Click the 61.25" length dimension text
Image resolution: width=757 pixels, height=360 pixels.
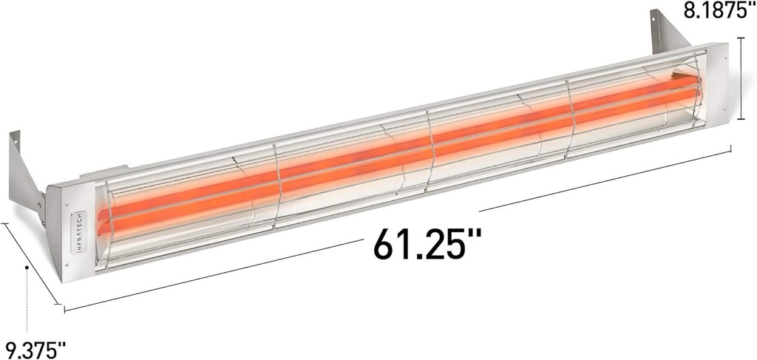click(427, 244)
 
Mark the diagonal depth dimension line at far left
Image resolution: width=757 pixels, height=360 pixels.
click(31, 262)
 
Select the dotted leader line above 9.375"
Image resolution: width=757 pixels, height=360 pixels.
click(27, 299)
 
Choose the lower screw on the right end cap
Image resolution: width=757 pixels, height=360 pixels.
click(716, 118)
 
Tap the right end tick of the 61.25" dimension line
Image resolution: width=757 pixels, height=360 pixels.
click(731, 150)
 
